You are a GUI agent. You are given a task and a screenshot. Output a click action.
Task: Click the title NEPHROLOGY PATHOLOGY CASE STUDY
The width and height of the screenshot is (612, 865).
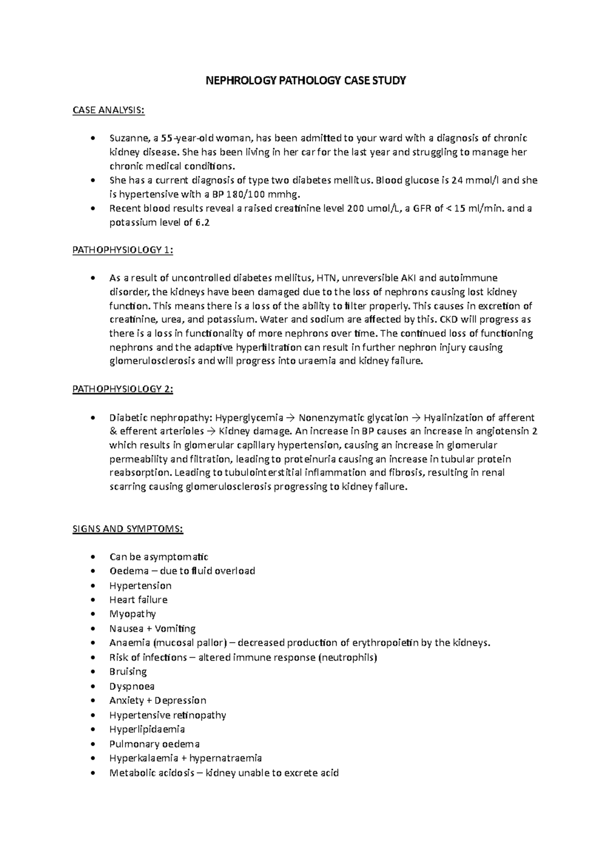[305, 80]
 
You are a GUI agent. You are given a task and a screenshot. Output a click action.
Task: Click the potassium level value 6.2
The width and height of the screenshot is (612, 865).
[202, 222]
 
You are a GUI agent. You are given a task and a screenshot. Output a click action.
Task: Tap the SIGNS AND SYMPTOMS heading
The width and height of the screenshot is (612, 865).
[127, 529]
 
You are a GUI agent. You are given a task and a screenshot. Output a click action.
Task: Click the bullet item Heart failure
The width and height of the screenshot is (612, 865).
[138, 600]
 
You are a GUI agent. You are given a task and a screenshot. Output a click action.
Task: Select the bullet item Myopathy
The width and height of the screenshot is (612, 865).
[133, 614]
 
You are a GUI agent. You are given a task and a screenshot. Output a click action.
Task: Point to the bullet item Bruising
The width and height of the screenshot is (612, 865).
[128, 672]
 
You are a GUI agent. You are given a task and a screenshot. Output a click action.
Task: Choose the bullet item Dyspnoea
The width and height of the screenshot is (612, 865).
[132, 686]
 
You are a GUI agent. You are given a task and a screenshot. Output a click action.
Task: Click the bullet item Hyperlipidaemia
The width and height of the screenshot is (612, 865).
[147, 729]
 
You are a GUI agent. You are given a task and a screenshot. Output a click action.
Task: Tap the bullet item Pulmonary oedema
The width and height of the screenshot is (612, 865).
[155, 744]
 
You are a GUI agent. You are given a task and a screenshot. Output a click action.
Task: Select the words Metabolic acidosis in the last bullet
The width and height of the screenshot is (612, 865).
[151, 773]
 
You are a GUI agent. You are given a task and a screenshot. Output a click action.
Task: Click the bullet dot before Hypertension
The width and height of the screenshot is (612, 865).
[92, 586]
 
